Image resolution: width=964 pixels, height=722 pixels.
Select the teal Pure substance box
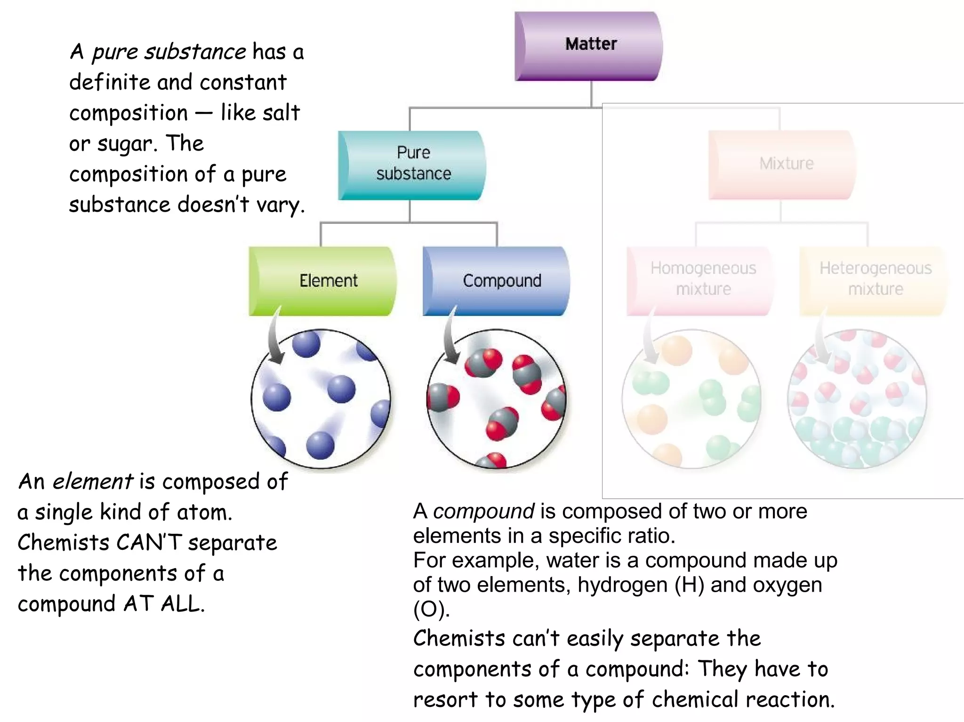pyautogui.click(x=412, y=165)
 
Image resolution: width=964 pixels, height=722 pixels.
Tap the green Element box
pyautogui.click(x=322, y=281)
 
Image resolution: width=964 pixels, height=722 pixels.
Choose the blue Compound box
pyautogui.click(x=497, y=281)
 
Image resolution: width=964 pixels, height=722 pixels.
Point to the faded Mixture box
pyautogui.click(x=782, y=165)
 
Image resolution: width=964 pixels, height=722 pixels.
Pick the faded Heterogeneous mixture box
pyautogui.click(x=873, y=280)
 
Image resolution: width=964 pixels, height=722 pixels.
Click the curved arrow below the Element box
pyautogui.click(x=274, y=339)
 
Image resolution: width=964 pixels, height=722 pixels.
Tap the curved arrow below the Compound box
pyautogui.click(x=450, y=339)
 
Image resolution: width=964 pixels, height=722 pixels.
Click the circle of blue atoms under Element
pyautogui.click(x=321, y=399)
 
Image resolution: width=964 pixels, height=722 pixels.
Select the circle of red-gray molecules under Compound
pyautogui.click(x=497, y=399)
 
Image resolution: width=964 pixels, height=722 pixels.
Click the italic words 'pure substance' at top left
pyautogui.click(x=169, y=52)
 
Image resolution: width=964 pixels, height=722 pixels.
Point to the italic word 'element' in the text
pyautogui.click(x=93, y=482)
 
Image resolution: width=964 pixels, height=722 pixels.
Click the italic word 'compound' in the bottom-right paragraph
pyautogui.click(x=483, y=511)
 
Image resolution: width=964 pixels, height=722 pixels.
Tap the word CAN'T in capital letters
pyautogui.click(x=149, y=542)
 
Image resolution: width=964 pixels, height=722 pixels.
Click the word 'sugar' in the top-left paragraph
pyautogui.click(x=126, y=144)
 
